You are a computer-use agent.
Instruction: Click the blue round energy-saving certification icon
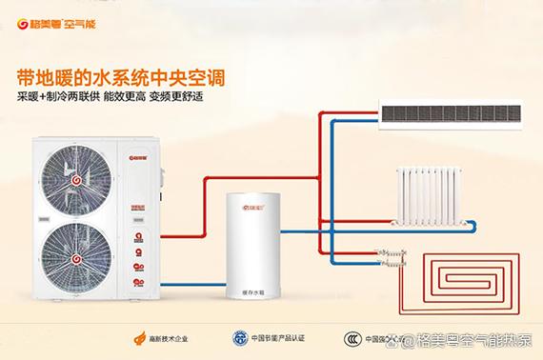(239, 337)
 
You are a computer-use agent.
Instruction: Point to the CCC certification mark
(352, 337)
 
